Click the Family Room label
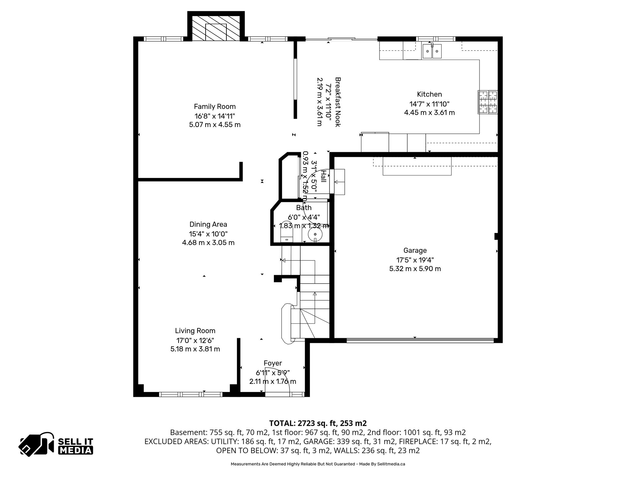(x=215, y=107)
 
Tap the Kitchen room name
(x=429, y=94)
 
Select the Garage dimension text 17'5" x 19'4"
(x=415, y=260)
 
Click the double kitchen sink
(x=432, y=52)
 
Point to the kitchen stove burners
(x=488, y=102)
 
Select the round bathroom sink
(x=315, y=234)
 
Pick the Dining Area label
(x=208, y=224)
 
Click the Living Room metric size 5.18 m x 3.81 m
(x=195, y=349)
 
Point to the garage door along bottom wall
(x=420, y=340)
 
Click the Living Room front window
(x=191, y=394)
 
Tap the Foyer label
(x=273, y=363)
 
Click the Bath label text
(x=303, y=207)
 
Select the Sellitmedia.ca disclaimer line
(x=318, y=464)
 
